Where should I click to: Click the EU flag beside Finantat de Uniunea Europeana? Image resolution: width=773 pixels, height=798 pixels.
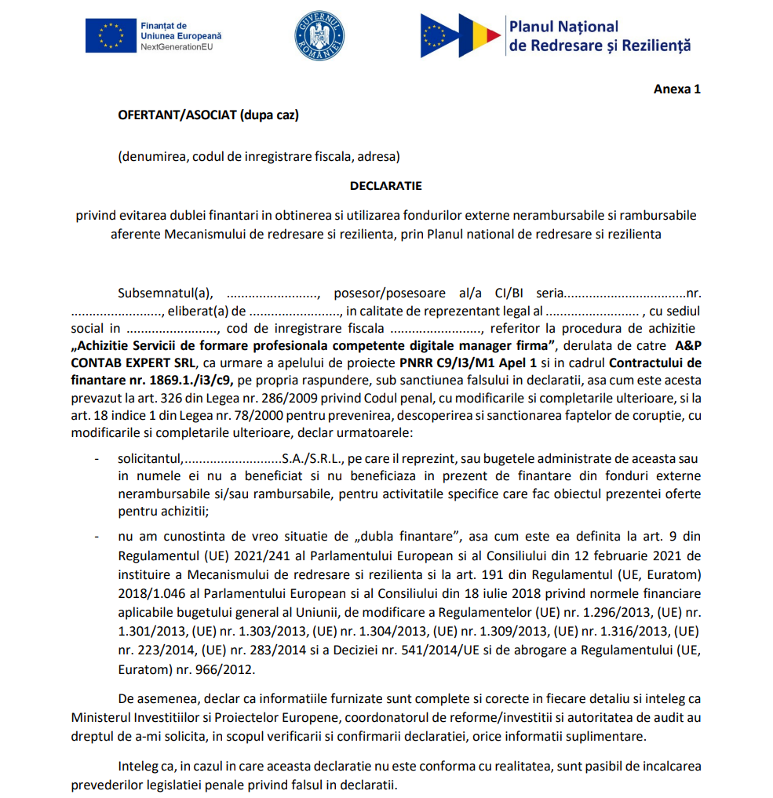point(110,35)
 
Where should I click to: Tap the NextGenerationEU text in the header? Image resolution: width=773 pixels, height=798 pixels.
point(177,47)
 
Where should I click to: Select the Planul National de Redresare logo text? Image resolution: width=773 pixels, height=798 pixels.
point(600,36)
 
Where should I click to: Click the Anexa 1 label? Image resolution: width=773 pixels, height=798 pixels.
point(676,89)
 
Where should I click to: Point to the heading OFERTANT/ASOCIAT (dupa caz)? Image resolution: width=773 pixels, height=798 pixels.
point(208,115)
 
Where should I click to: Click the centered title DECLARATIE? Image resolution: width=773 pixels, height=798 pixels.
point(385,186)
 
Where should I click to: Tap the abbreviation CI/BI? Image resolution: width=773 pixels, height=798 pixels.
point(509,293)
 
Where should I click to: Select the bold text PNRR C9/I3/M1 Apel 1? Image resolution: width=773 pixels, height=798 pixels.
point(468,363)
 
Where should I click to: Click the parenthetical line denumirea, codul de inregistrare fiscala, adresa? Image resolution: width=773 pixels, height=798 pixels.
point(259,156)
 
